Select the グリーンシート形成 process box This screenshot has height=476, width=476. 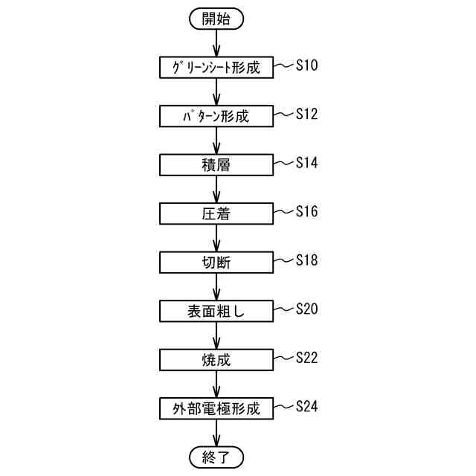(216, 67)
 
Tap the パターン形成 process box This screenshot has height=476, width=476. (216, 116)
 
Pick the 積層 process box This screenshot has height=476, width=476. (216, 164)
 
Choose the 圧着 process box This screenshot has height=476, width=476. (216, 213)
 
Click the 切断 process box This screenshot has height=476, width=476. (216, 262)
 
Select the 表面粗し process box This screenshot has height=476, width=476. (216, 311)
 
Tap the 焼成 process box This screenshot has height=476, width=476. (216, 359)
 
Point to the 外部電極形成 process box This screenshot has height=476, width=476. (216, 408)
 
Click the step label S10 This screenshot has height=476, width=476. (306, 65)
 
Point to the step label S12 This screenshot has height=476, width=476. (306, 114)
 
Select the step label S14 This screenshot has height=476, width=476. (306, 162)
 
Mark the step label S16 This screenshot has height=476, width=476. (306, 211)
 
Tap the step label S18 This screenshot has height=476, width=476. (306, 260)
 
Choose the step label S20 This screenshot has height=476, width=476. (306, 309)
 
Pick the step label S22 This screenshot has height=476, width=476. (306, 357)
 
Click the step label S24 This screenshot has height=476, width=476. (306, 406)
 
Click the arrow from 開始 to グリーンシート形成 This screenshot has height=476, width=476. (216, 43)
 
